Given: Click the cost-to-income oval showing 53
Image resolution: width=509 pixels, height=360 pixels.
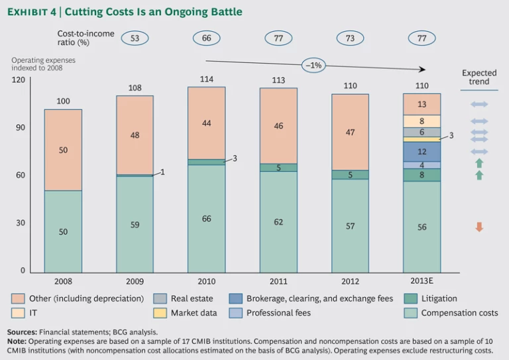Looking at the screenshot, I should [x=135, y=38].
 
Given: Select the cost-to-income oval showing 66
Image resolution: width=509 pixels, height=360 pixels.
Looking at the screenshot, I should [x=206, y=38].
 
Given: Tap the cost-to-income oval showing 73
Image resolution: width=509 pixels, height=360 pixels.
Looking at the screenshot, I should [x=349, y=38].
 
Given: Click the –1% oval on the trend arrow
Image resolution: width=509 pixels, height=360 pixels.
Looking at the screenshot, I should [x=313, y=65].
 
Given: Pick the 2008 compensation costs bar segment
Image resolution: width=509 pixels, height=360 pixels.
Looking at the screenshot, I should [x=63, y=231].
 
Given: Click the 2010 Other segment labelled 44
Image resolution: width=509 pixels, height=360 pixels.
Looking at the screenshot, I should [x=206, y=123].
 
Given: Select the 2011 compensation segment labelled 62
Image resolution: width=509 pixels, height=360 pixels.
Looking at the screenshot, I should [x=278, y=222].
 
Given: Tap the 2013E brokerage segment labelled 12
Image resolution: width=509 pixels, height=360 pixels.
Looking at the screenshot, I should [x=422, y=152].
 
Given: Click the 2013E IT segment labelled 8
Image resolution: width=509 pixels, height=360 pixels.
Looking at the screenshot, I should [x=422, y=121].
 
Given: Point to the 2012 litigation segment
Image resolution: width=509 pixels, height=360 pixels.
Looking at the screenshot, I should [x=350, y=175].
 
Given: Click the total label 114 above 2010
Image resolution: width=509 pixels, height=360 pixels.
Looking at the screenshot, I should [x=206, y=80].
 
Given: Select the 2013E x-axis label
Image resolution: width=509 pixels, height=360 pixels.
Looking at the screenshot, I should [x=422, y=280].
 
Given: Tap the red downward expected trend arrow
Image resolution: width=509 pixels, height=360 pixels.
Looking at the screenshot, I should [x=479, y=227].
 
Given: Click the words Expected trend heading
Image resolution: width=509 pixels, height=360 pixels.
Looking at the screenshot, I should [x=479, y=78].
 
